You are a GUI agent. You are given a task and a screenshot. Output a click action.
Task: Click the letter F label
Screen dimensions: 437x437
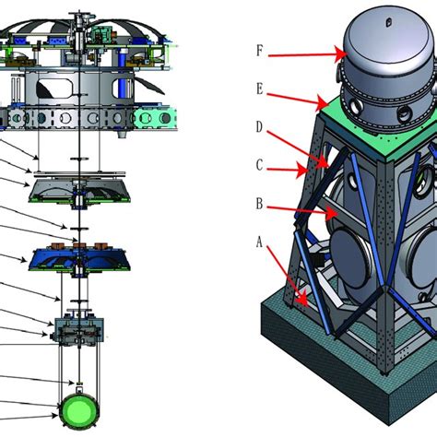(x=260, y=51)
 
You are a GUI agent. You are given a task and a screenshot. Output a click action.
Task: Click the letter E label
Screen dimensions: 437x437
(x=260, y=89)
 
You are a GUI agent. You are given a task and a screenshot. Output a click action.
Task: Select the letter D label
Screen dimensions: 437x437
(x=260, y=126)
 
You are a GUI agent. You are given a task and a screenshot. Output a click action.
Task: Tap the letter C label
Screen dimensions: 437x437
(x=260, y=165)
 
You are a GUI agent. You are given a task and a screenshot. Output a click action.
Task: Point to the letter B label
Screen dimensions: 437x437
(x=260, y=204)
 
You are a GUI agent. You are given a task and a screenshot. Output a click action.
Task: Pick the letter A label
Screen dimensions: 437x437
(x=260, y=242)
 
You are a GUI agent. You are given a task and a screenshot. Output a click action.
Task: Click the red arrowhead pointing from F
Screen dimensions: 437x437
(x=341, y=54)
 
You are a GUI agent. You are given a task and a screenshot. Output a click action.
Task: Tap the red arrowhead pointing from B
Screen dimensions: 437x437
(x=332, y=213)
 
